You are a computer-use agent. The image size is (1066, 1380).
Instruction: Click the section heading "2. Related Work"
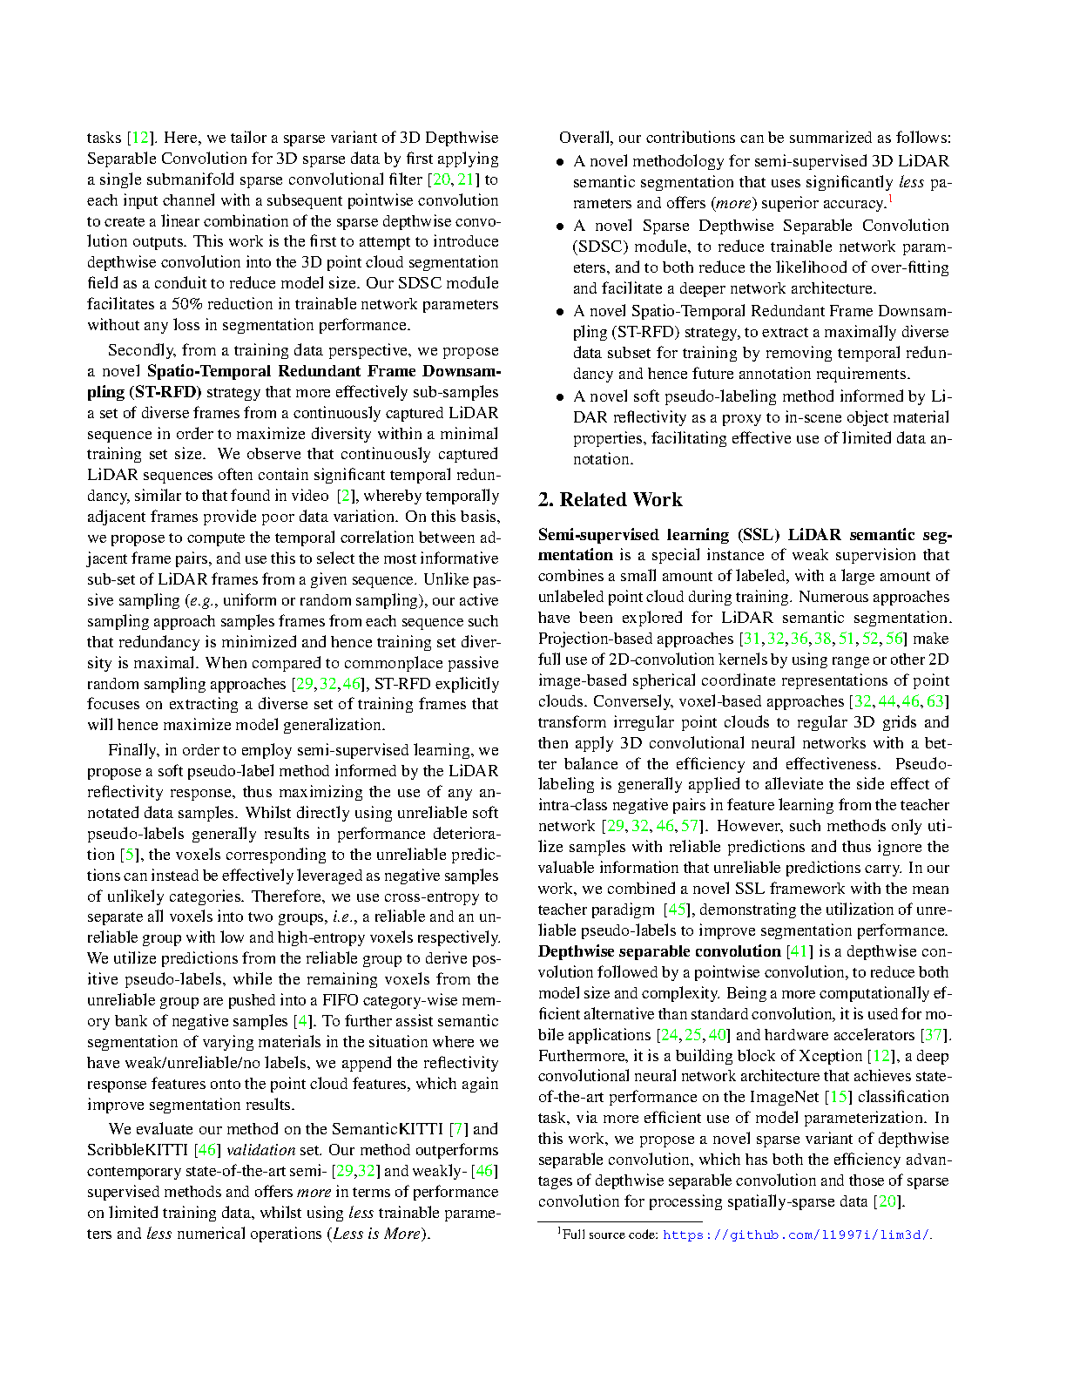click(610, 500)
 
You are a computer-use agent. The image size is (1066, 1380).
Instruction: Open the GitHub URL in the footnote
click(796, 1235)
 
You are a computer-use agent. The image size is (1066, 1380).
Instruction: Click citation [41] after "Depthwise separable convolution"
click(799, 951)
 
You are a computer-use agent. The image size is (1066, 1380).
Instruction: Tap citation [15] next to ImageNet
click(840, 1097)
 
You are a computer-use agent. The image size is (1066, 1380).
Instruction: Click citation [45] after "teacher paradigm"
click(677, 910)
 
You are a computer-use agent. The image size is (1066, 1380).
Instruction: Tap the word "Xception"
click(832, 1056)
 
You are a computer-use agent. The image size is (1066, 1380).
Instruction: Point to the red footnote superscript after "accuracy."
click(889, 200)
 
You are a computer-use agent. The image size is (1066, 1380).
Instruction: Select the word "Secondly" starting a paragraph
click(140, 350)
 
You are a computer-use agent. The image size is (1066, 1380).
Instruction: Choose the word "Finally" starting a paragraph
click(132, 750)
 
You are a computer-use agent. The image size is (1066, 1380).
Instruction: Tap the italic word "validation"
click(260, 1150)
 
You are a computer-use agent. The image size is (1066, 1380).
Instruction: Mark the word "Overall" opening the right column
click(585, 138)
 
